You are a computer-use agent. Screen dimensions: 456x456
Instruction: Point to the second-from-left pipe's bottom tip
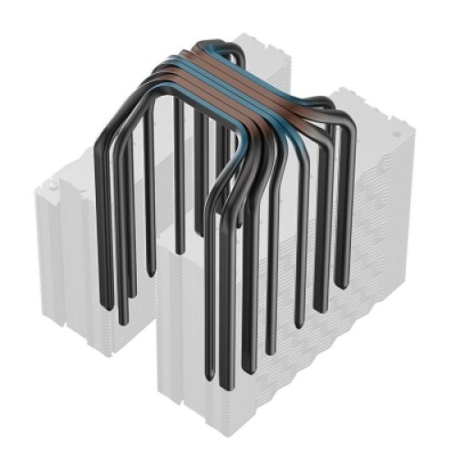click(x=122, y=323)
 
